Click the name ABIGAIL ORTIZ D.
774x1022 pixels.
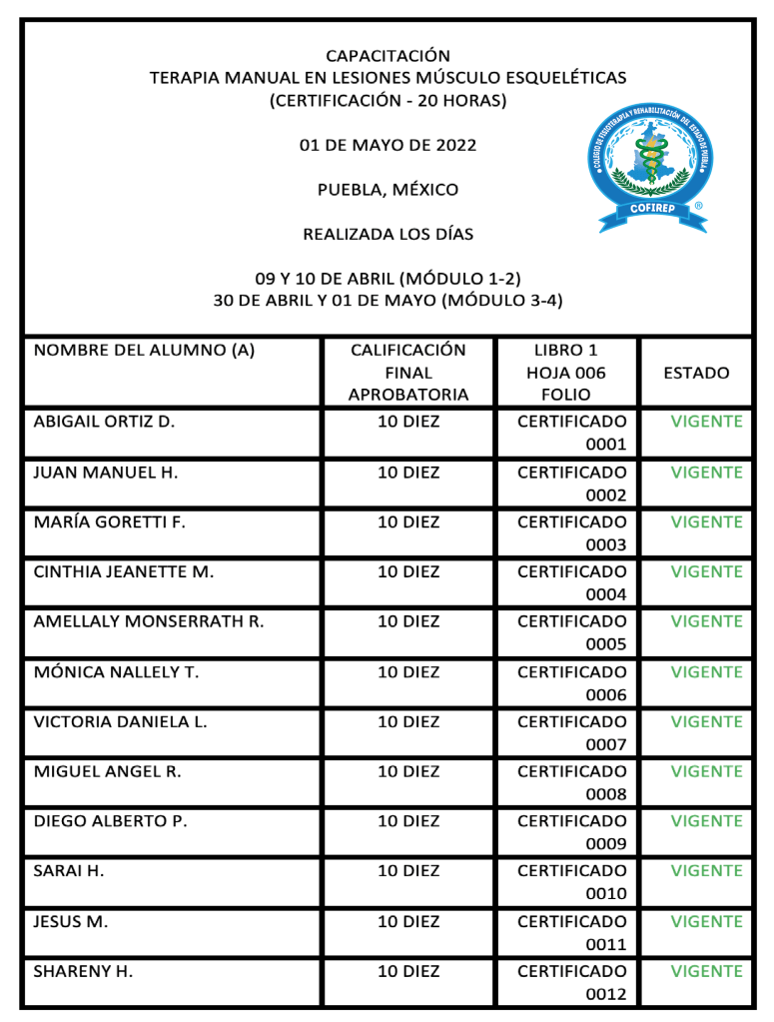click(x=104, y=422)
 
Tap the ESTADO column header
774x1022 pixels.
click(x=696, y=373)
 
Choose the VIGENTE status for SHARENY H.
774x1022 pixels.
click(x=706, y=971)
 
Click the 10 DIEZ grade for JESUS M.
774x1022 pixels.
click(x=407, y=921)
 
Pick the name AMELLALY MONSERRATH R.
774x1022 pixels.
click(x=149, y=621)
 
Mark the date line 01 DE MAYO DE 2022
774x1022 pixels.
click(x=387, y=146)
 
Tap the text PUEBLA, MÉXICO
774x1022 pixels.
click(x=387, y=190)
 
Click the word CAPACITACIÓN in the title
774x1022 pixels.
click(x=387, y=56)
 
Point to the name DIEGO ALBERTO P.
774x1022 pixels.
click(x=111, y=821)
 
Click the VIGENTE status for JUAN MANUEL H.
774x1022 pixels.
click(x=706, y=473)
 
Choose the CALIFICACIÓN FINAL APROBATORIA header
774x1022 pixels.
click(x=407, y=373)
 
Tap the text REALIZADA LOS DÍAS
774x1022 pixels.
click(x=387, y=235)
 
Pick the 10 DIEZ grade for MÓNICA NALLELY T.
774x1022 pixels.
click(x=407, y=672)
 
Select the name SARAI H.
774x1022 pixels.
click(x=69, y=871)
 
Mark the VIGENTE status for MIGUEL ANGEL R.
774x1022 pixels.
click(x=706, y=771)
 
